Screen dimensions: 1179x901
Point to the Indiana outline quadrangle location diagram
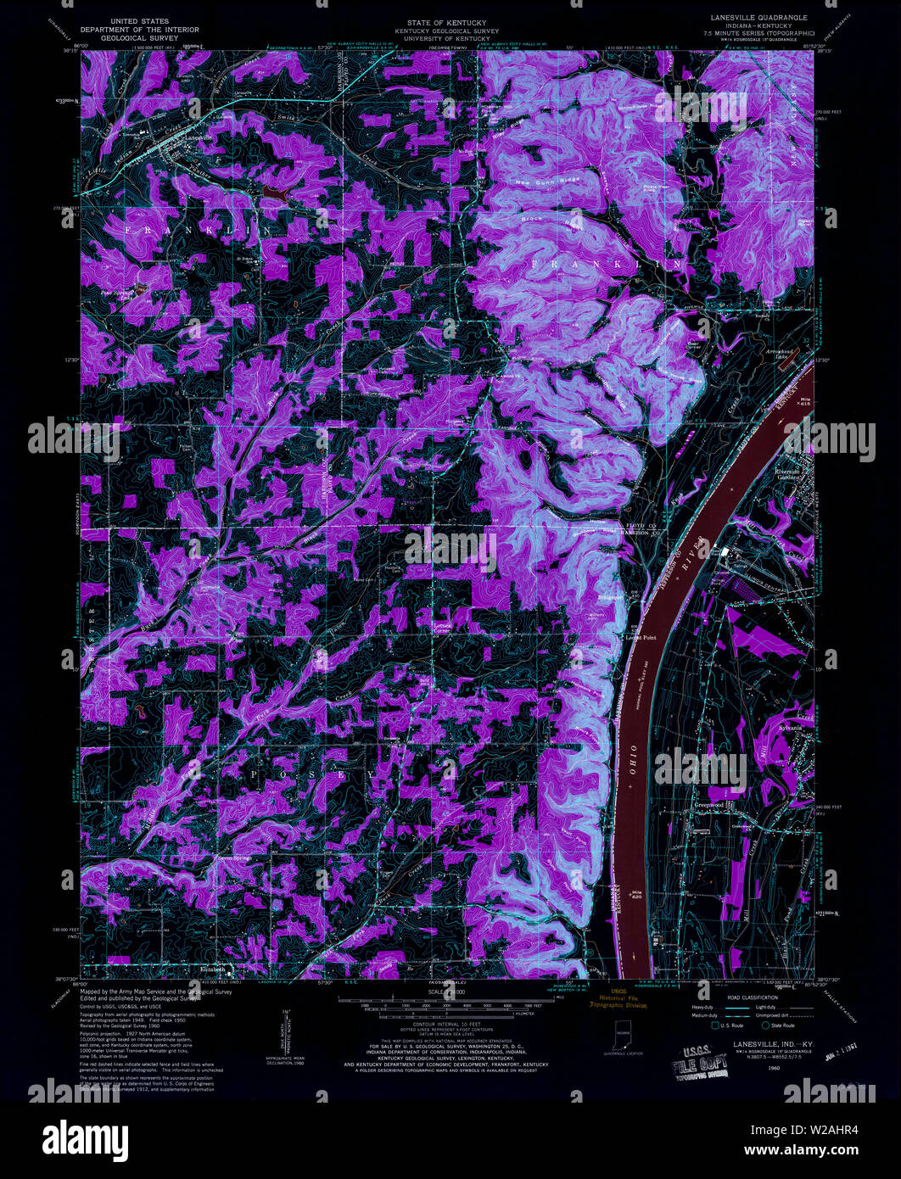(624, 1035)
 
